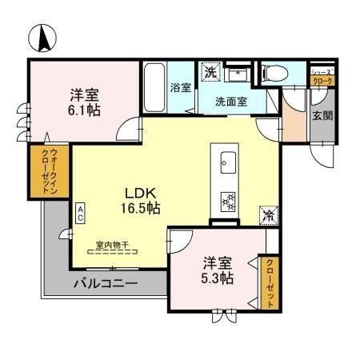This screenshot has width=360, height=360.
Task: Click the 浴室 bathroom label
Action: pos(180,88)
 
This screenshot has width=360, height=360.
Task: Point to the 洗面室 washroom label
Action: pos(230,102)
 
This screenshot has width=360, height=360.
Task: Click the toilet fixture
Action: pos(271,74)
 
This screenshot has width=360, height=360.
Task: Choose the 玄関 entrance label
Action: pos(319,116)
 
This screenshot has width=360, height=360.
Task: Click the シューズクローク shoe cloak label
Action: pos(322,76)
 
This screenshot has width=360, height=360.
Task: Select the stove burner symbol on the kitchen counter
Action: pos(226,200)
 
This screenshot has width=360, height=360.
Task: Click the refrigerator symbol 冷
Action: pos(269,214)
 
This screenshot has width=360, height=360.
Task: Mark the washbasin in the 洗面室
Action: pos(238,74)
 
